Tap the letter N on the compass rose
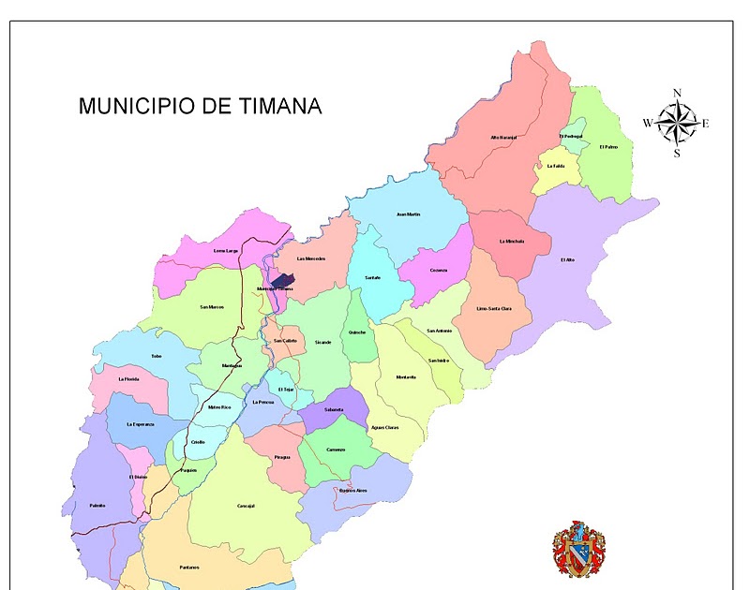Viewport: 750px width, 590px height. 677,93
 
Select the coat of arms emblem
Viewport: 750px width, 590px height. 578,549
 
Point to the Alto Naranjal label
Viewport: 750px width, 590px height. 503,138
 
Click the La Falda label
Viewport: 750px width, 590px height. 556,166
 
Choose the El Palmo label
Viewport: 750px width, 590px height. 608,146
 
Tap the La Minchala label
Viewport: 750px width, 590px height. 512,241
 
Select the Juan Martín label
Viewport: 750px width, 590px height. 409,214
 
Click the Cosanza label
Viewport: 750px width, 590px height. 439,271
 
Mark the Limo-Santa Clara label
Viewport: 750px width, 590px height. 494,308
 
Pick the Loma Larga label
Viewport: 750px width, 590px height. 226,251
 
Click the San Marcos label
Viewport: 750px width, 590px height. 212,307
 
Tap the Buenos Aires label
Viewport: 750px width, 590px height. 353,490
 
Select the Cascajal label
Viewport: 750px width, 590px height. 247,506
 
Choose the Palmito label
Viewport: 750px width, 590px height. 97,506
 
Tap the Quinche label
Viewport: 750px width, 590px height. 357,332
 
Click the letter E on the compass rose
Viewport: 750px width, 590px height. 705,124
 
